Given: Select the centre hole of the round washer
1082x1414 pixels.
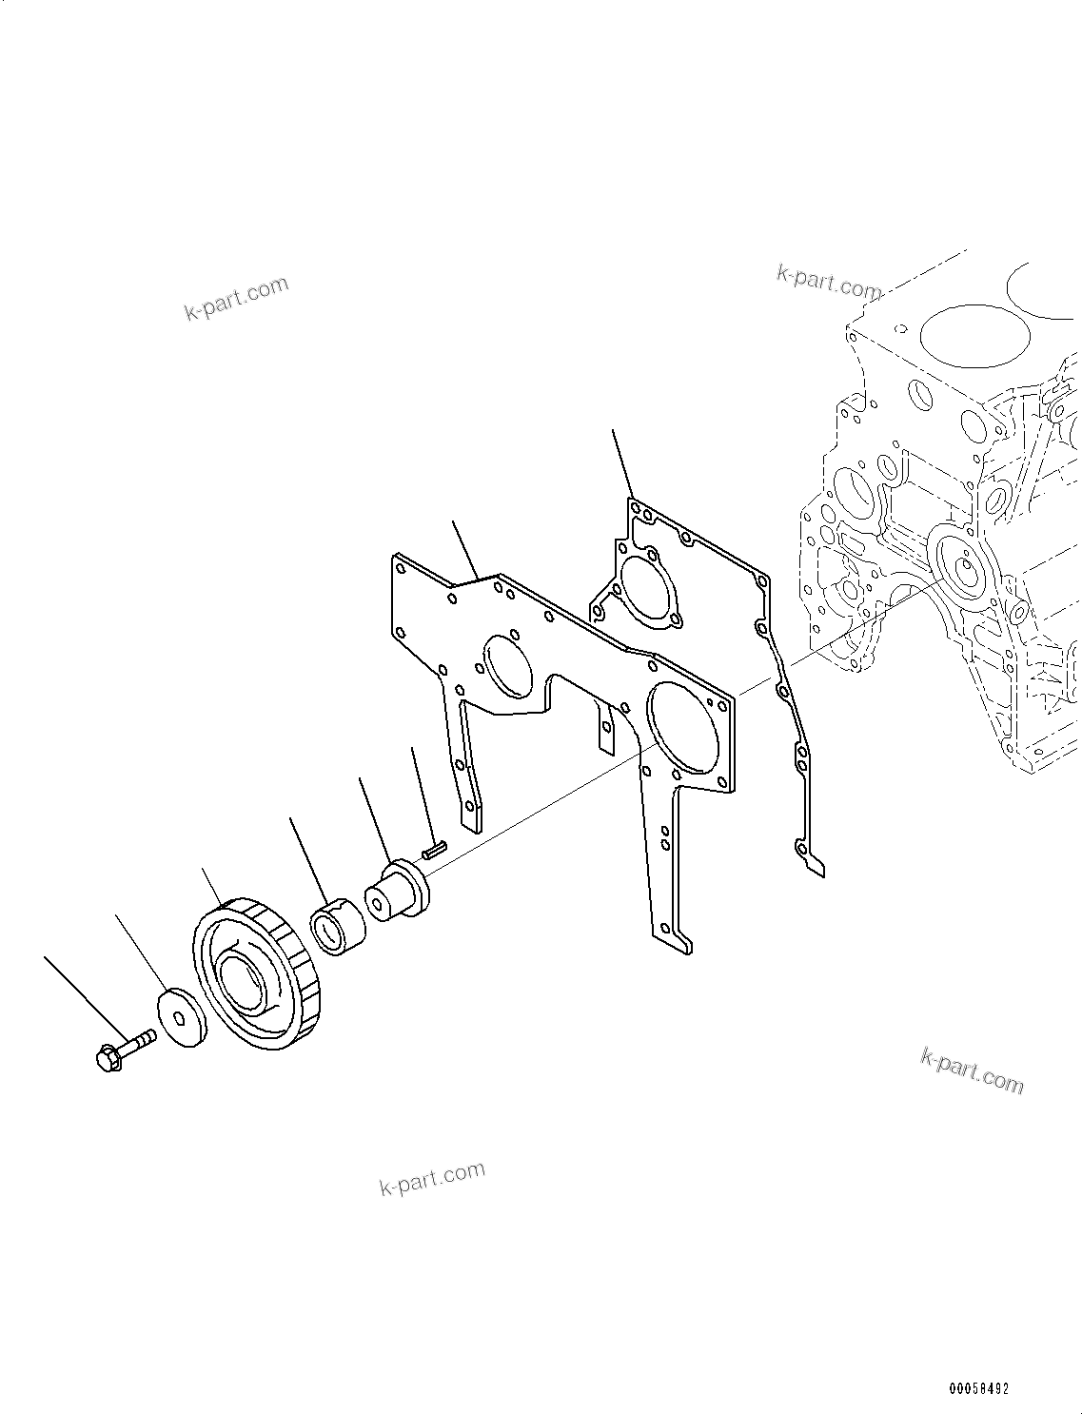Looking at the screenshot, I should coord(178,1017).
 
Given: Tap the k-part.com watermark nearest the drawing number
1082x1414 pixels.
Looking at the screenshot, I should coord(972,1070).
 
